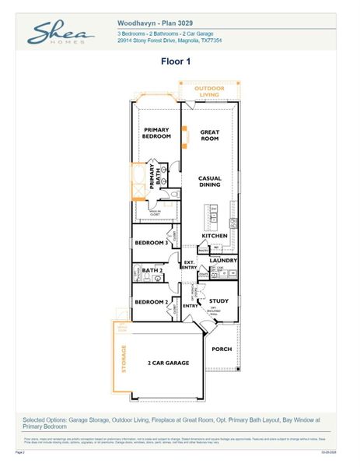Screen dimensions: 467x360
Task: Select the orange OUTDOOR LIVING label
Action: [208, 92]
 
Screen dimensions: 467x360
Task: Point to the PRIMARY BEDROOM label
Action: [156, 133]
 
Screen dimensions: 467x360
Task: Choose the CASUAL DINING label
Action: [210, 181]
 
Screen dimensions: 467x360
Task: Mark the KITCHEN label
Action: [215, 236]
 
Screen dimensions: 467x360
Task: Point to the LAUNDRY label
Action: [223, 260]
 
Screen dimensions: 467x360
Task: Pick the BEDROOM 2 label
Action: [151, 302]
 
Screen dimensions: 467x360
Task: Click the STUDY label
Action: [218, 300]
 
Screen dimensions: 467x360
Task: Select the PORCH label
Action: [222, 349]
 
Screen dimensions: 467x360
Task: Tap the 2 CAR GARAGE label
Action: [169, 363]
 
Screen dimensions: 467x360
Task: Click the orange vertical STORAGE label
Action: [121, 358]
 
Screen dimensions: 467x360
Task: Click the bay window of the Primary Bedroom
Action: [156, 101]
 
